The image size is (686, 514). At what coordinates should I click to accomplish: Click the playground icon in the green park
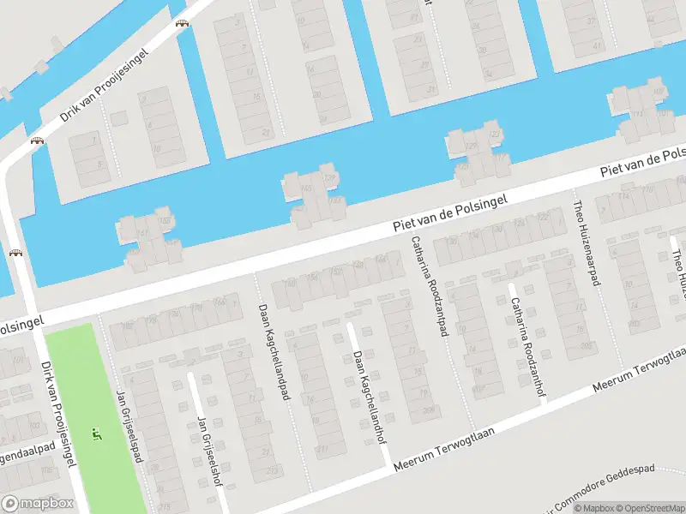97,433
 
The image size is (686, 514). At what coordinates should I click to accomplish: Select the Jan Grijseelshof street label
209,451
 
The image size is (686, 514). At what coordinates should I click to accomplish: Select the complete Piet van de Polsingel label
449,212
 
